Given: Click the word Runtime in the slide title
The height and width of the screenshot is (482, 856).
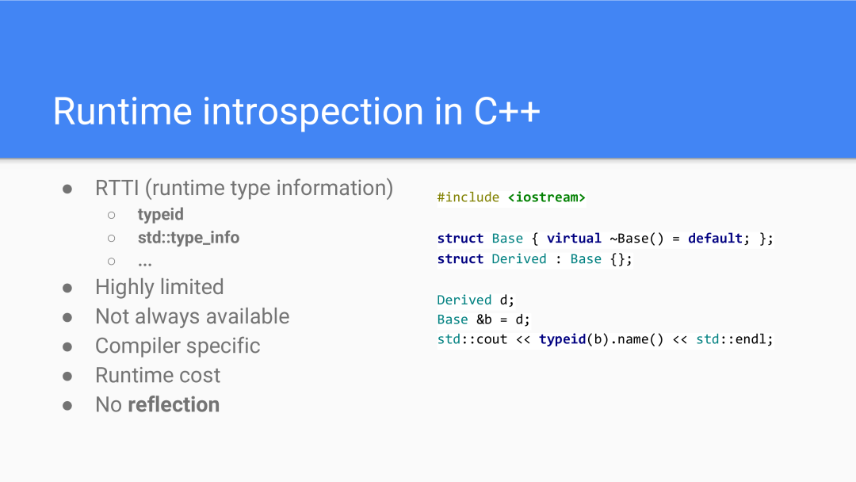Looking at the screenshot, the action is click(x=122, y=111).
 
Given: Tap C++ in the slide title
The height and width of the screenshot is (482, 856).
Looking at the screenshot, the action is click(x=507, y=111).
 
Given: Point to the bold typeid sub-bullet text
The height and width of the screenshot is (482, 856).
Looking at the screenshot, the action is click(x=160, y=215).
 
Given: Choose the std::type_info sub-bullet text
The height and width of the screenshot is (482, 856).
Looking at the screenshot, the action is click(x=189, y=238).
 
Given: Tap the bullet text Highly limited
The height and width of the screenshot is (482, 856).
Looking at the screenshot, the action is click(x=159, y=287).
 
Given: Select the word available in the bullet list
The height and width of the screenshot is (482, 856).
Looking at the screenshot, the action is click(x=247, y=316).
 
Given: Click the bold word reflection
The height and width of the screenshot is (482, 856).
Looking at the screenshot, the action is click(x=174, y=405).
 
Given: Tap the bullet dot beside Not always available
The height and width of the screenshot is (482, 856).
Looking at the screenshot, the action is click(x=67, y=318).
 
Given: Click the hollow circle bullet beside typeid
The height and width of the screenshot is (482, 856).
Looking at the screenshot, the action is click(x=112, y=215).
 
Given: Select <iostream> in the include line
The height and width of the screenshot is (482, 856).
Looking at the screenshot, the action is click(x=546, y=197).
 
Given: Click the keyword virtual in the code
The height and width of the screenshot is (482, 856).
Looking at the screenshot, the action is click(x=574, y=239).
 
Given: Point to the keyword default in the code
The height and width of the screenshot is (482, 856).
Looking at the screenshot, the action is click(x=715, y=239).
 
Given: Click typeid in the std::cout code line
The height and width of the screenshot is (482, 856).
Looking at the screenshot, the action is click(x=562, y=339).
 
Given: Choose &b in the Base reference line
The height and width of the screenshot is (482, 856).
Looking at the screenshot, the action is click(x=483, y=319).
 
